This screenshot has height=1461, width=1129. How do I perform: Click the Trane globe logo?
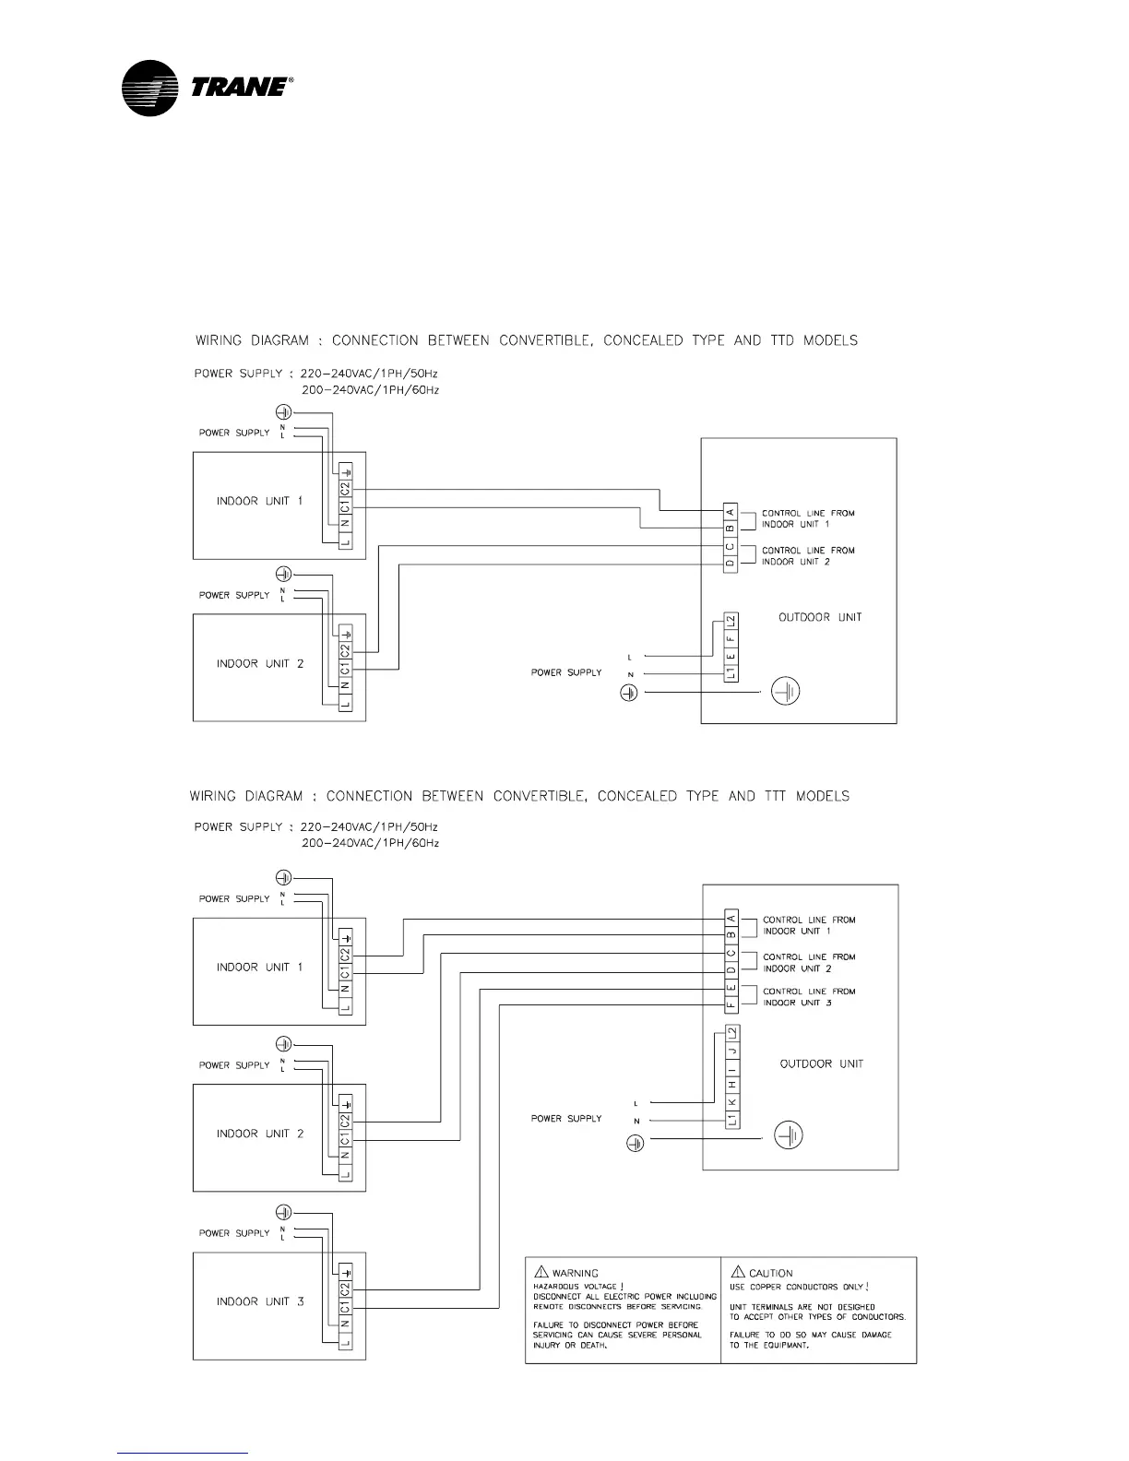tap(149, 88)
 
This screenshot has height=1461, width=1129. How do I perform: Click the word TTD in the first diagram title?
tap(781, 340)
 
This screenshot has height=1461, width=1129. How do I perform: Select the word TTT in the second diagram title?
tap(773, 796)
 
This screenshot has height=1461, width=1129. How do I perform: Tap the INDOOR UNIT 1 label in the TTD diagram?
tap(259, 501)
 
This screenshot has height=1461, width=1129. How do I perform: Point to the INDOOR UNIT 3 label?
tap(260, 1301)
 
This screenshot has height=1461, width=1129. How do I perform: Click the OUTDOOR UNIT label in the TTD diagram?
tap(820, 617)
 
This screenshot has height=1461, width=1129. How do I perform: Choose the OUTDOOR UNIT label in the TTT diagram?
tap(822, 1063)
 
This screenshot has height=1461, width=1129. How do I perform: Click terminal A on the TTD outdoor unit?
tap(730, 512)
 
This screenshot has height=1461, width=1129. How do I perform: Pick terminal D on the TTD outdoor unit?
tap(730, 563)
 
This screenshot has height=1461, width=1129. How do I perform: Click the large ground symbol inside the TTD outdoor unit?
tap(785, 691)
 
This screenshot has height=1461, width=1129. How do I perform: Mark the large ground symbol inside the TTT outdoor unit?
tap(787, 1136)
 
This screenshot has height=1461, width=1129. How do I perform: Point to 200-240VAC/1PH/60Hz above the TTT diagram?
tap(370, 843)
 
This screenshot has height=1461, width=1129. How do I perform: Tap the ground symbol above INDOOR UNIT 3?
tap(284, 1211)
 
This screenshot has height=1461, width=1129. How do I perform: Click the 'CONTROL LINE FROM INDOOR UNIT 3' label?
tap(798, 997)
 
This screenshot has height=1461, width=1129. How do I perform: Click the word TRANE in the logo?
tap(239, 87)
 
